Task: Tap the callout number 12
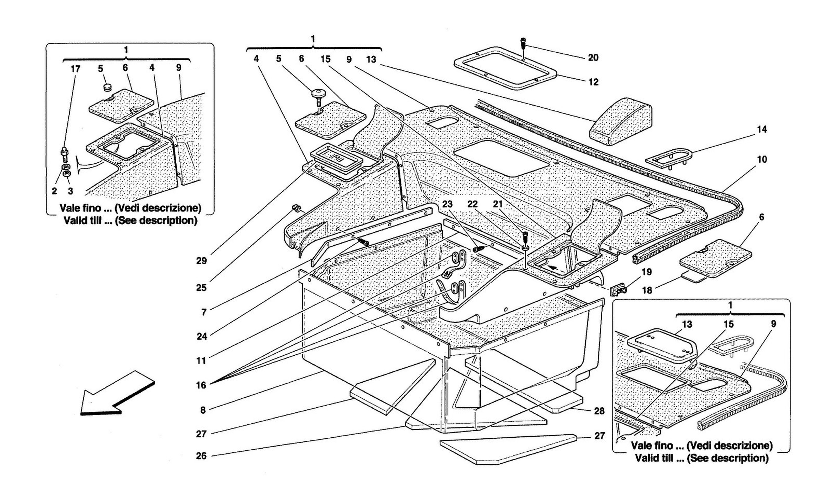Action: (593, 82)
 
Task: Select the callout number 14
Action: (762, 130)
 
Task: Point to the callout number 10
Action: (762, 159)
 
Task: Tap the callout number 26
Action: (201, 456)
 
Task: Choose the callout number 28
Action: (599, 411)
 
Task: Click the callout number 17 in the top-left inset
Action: (75, 69)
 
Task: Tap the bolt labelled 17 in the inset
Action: (64, 154)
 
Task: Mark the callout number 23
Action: (447, 204)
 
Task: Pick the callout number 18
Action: (647, 290)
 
